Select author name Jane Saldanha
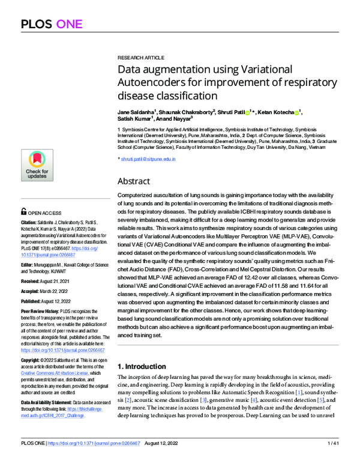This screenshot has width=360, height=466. (x=136, y=112)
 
